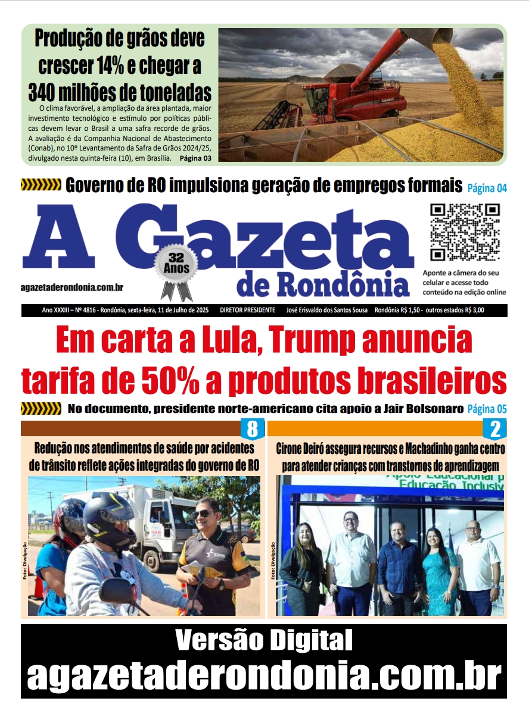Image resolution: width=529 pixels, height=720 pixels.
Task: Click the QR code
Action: (x=465, y=233)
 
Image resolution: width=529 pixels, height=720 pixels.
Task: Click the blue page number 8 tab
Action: (x=252, y=428)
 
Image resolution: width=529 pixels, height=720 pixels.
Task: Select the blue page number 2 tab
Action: (x=494, y=428)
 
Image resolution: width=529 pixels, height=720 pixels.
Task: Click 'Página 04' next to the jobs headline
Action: (x=487, y=189)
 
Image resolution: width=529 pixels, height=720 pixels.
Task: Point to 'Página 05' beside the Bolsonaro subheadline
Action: (x=487, y=409)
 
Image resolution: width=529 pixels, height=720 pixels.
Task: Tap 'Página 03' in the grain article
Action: (x=195, y=158)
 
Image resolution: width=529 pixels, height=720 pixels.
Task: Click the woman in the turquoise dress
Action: (x=440, y=571)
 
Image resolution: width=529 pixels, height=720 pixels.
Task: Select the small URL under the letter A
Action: (x=72, y=287)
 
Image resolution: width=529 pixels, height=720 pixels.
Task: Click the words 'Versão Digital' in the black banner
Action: (x=264, y=641)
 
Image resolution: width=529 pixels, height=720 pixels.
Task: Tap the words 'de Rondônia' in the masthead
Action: (x=323, y=286)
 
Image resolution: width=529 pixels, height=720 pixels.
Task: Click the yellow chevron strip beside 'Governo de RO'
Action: (x=41, y=185)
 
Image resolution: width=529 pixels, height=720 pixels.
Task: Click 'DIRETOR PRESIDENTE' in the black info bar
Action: (x=247, y=311)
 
